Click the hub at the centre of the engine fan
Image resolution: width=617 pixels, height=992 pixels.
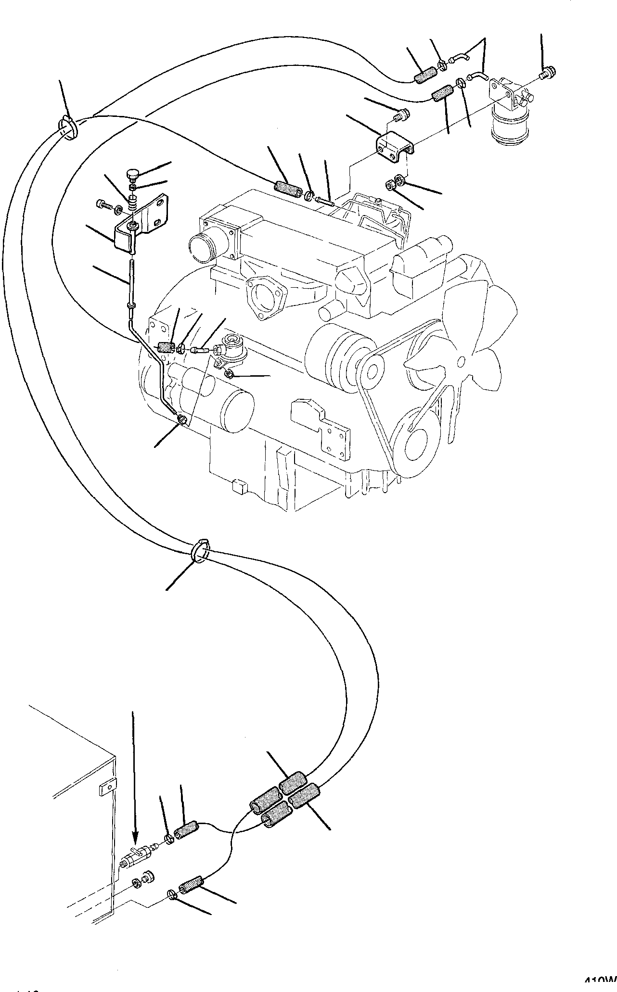coord(462,360)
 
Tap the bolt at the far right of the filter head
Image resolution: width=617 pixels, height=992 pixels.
coord(547,73)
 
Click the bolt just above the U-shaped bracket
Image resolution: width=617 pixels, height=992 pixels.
coord(401,115)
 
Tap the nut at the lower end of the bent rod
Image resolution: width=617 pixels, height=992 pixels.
coord(182,420)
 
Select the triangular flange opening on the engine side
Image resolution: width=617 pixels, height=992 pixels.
coord(263,300)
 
